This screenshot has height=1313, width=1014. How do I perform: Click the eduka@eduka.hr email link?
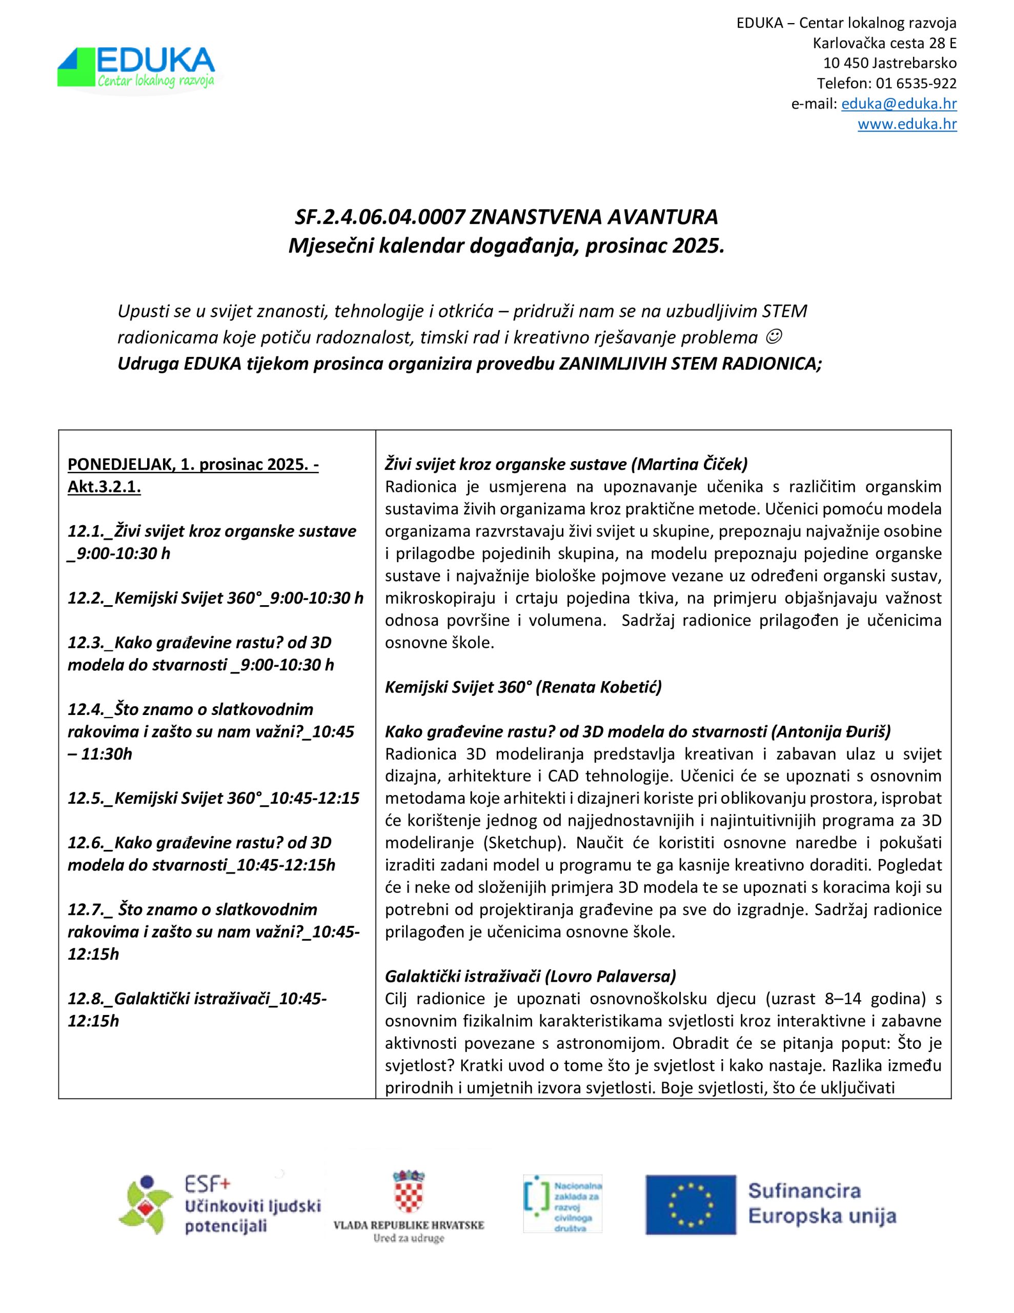[898, 104]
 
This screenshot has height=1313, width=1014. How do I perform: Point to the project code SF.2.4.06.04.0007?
[379, 216]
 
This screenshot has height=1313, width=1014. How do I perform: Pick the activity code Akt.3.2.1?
[104, 486]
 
